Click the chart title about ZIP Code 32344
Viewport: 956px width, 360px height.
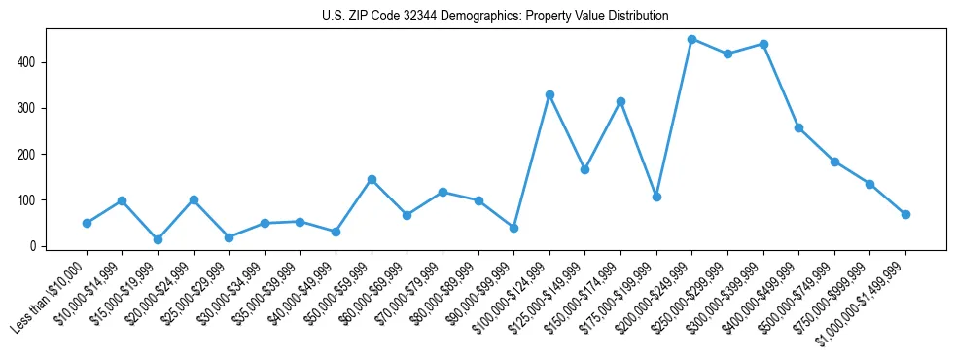[495, 17]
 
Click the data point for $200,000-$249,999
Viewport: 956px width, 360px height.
[691, 39]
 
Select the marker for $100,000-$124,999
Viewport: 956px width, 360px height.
[549, 94]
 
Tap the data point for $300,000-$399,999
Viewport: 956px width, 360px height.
[763, 44]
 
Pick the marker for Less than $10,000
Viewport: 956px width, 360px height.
[87, 223]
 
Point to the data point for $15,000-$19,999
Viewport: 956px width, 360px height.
[158, 239]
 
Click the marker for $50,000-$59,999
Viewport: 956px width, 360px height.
[372, 179]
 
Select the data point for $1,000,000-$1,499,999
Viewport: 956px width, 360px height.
[905, 214]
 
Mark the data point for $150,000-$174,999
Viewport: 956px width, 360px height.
[620, 101]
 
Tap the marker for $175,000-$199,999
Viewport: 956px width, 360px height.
[656, 197]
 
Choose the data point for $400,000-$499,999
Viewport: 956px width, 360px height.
[798, 127]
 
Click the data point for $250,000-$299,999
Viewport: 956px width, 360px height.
[727, 54]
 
